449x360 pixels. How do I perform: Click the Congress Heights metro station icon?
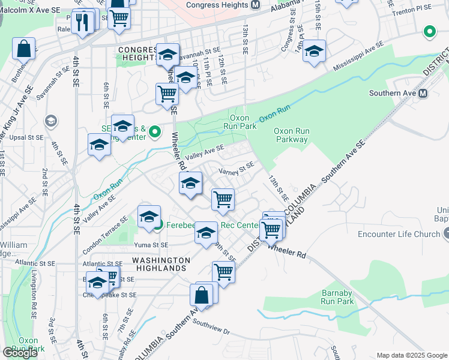coord(255,5)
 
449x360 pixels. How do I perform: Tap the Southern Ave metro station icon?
coord(423,94)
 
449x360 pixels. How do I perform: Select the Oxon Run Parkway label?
coord(291,135)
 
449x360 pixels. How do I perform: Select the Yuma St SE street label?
coord(151,245)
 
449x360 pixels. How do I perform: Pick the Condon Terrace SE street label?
coord(106,226)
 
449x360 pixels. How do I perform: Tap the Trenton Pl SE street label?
coord(410,12)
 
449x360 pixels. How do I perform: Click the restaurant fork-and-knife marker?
coord(83,22)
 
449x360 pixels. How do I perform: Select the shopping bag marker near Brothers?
coord(24,49)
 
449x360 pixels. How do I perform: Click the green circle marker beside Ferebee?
coord(158,226)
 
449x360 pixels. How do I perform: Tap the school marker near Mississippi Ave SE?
coord(314,52)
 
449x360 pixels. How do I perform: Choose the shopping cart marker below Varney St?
coord(223,199)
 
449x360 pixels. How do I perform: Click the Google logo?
coord(20,353)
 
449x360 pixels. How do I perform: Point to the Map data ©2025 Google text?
coord(411,355)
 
